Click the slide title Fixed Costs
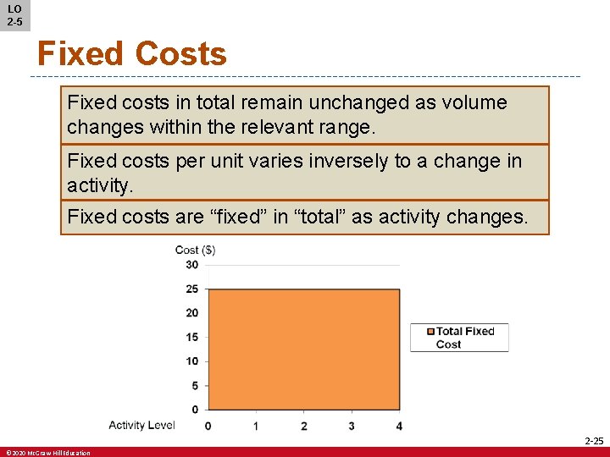point(131,54)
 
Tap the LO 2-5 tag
point(14,15)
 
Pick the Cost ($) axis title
point(195,250)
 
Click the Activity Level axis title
point(141,425)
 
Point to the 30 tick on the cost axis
point(191,265)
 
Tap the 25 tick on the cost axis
point(191,289)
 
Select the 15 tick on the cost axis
point(191,338)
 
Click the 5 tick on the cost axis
point(194,386)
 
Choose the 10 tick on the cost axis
point(191,361)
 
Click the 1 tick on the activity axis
point(256,426)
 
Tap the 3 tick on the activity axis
point(352,426)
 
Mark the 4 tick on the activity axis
point(399,426)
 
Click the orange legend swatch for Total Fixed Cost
point(430,332)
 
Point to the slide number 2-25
point(594,441)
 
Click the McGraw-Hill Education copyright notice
point(47,453)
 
